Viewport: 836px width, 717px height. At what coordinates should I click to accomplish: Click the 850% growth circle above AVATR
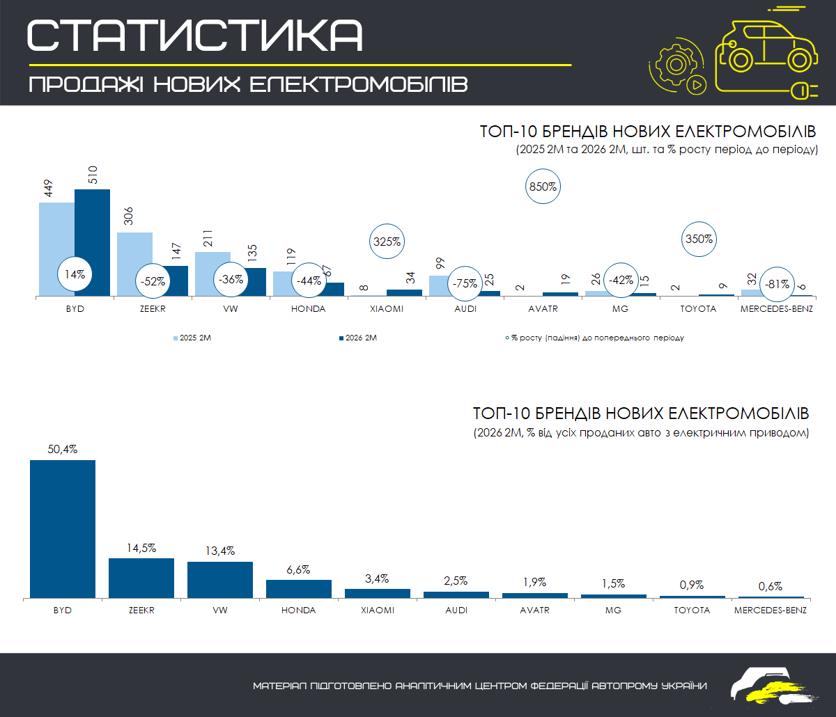point(543,187)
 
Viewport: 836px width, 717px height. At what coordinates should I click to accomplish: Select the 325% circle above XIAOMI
point(387,242)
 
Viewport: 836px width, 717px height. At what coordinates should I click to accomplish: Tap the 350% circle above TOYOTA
point(699,239)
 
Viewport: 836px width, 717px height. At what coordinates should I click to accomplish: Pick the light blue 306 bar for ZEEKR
point(134,264)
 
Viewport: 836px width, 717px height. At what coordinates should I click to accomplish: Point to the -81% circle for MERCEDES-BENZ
point(777,283)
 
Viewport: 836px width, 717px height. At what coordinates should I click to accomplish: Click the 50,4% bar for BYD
point(63,528)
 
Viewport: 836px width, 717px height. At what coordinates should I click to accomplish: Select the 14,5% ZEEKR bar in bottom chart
point(141,578)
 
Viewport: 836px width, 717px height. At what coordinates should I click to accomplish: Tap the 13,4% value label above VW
point(220,552)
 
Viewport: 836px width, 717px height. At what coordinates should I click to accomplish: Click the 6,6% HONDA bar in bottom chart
point(299,589)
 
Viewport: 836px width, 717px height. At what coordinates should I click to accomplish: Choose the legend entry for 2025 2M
point(196,338)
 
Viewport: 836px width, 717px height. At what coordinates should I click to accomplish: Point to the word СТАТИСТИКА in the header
point(195,35)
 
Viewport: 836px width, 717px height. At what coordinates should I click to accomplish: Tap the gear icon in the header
point(674,65)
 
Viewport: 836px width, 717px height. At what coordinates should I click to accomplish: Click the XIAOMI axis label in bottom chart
point(378,610)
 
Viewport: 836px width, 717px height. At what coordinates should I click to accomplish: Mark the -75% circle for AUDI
point(465,283)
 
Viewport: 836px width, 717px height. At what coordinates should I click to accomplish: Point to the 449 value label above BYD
point(48,189)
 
